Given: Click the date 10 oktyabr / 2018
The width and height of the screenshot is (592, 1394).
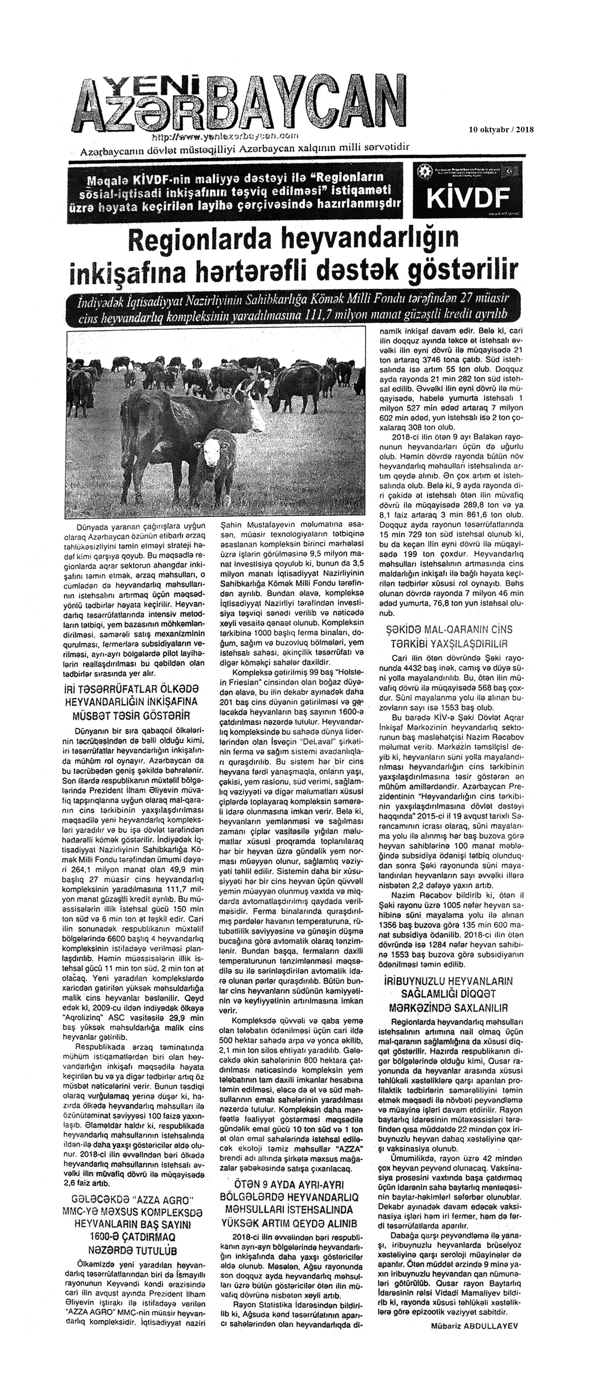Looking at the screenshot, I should [501, 129].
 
